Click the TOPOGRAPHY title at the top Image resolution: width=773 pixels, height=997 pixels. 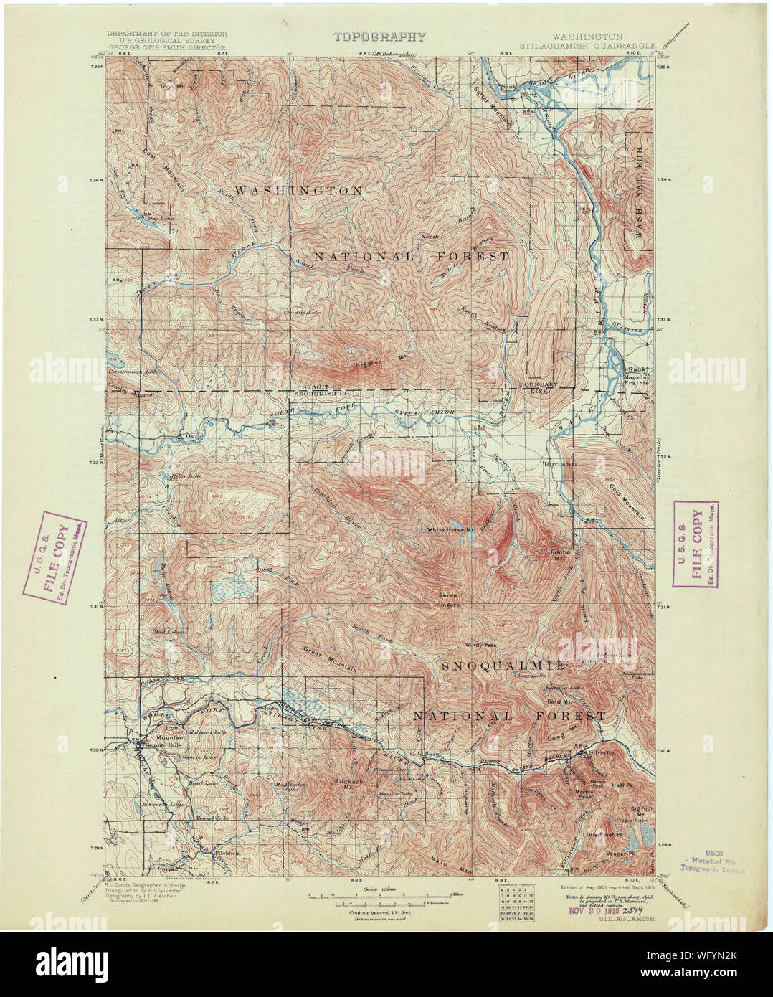379,37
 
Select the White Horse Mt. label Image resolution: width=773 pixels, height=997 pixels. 451,530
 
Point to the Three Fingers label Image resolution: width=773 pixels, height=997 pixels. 449,599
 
